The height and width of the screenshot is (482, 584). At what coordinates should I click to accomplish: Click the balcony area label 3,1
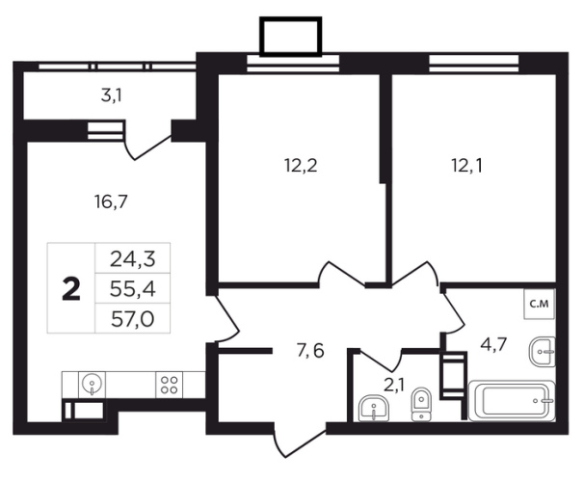point(112,96)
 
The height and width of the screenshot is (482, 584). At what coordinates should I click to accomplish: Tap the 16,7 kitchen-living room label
point(111,202)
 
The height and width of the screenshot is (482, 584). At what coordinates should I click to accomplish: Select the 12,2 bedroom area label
point(301,165)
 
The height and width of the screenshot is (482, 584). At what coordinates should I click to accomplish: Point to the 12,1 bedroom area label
point(467,165)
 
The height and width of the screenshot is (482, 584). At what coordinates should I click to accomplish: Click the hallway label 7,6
point(310,351)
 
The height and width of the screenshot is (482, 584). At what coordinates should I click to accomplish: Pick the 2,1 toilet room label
point(393,385)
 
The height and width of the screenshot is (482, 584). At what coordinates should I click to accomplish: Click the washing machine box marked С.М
point(540,304)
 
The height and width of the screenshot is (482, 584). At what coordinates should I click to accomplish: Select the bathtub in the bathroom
point(512,401)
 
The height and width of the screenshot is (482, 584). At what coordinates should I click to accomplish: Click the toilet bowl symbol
point(421,405)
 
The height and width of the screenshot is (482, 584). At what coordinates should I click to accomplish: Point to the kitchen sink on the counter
point(92,385)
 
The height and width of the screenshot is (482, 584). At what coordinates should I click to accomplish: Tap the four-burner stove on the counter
point(169,385)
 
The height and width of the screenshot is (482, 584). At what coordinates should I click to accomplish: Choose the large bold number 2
point(71,289)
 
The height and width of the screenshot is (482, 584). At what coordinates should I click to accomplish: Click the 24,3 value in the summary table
point(133,259)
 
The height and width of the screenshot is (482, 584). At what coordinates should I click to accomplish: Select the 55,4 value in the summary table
point(133,289)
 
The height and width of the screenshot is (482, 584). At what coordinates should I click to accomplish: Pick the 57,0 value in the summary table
point(133,319)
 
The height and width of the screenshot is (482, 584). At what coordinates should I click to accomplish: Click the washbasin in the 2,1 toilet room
point(374,409)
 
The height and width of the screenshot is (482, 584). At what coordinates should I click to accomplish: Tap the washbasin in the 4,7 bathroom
point(543,351)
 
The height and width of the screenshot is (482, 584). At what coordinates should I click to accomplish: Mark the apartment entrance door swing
point(301,440)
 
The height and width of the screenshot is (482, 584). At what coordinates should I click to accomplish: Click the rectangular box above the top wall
point(290,37)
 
